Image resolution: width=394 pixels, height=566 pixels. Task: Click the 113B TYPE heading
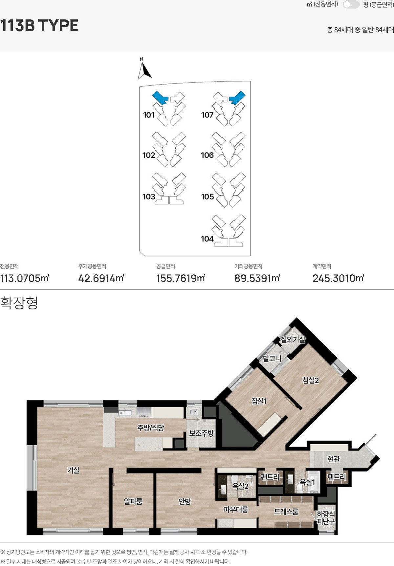(x=39, y=26)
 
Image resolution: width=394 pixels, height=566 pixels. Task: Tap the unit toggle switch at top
(x=351, y=5)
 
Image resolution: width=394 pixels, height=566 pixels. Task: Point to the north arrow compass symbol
(x=144, y=69)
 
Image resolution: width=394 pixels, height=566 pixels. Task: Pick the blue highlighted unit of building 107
(x=237, y=97)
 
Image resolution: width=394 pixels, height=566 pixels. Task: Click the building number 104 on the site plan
(x=207, y=239)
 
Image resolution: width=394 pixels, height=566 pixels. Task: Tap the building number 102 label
(x=149, y=155)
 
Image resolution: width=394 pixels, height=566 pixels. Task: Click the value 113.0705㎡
(x=25, y=278)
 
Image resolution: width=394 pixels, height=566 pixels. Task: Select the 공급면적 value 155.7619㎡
(x=181, y=278)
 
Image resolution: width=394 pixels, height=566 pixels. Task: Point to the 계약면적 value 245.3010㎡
(x=338, y=278)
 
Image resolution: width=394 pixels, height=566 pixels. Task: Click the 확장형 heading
(x=19, y=303)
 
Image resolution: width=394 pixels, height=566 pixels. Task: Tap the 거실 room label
(x=73, y=470)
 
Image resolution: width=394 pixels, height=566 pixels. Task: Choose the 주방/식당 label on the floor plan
(x=150, y=428)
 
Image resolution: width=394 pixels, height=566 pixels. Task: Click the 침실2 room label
(x=311, y=380)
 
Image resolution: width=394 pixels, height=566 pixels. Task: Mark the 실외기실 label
(x=293, y=339)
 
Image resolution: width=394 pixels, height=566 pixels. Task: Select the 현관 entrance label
(x=334, y=459)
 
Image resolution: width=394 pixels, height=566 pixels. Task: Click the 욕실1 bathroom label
(x=307, y=482)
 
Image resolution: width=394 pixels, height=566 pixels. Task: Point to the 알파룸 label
(x=133, y=501)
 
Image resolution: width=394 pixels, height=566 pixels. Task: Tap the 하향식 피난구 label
(x=326, y=517)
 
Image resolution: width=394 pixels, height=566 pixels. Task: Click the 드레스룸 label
(x=286, y=511)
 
